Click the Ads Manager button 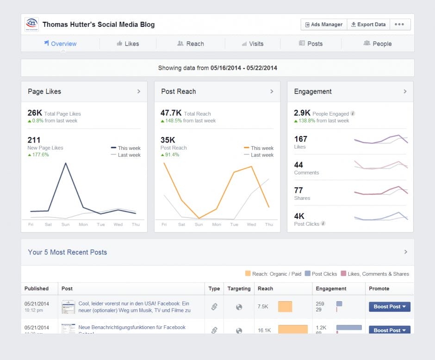click(x=323, y=25)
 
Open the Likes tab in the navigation click(x=128, y=43)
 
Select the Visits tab click(x=252, y=43)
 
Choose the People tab click(x=378, y=43)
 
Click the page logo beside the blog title click(x=32, y=25)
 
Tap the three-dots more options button click(x=399, y=25)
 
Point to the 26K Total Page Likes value click(x=35, y=113)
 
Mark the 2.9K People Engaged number click(x=302, y=113)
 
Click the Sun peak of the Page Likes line click(x=66, y=163)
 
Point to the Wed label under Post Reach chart click(x=251, y=224)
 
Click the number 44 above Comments click(x=298, y=165)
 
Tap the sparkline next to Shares click(x=381, y=192)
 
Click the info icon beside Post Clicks click(x=323, y=223)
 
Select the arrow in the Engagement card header click(x=405, y=92)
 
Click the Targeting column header click(x=239, y=288)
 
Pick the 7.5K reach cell click(x=262, y=306)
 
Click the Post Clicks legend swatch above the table click(x=308, y=274)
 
